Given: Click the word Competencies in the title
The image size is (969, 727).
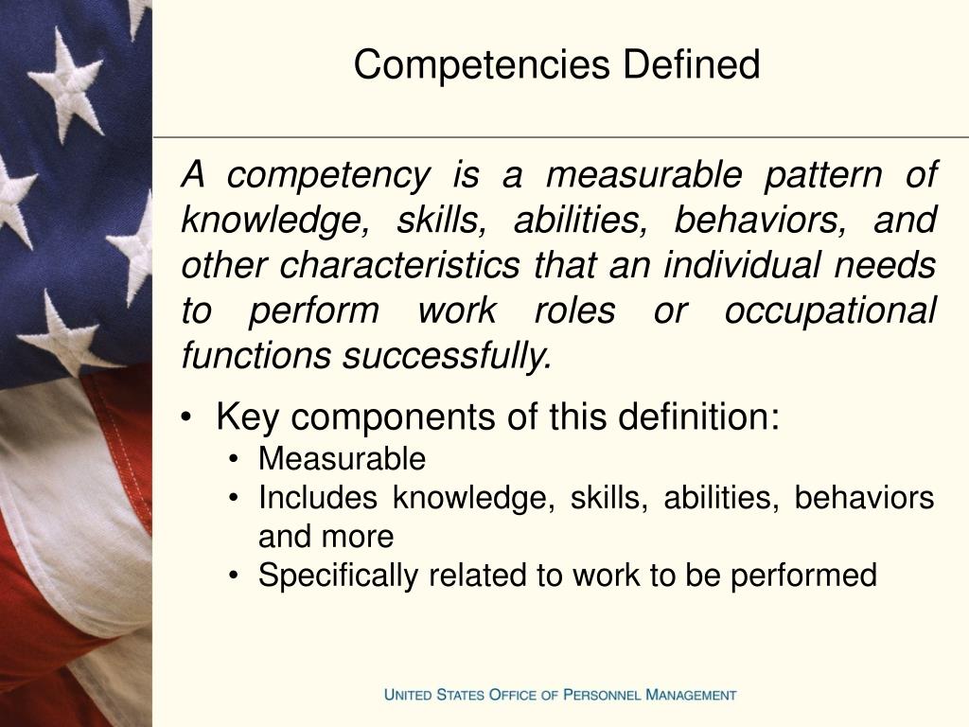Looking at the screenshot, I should [x=484, y=65].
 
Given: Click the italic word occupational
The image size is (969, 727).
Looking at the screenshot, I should [x=830, y=311].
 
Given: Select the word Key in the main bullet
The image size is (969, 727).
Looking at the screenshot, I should [x=243, y=417].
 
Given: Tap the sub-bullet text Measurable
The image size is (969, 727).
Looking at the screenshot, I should [x=342, y=460].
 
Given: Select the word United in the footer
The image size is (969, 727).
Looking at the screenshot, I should [x=409, y=695].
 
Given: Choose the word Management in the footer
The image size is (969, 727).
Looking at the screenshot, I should [x=690, y=695].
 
